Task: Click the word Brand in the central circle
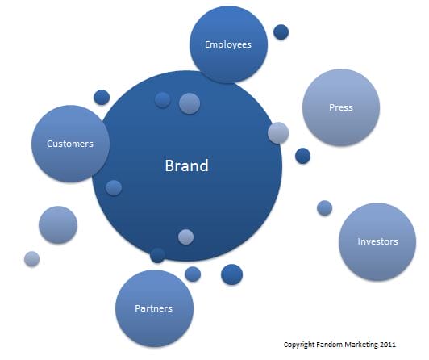tap(187, 165)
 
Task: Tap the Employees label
tap(228, 44)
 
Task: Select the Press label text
tap(341, 107)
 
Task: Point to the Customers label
tap(70, 144)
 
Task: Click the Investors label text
tap(377, 241)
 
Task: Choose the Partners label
tap(153, 308)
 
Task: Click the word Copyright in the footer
tap(299, 345)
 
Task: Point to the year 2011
tap(387, 345)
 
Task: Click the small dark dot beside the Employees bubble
tap(281, 32)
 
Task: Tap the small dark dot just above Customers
tap(102, 97)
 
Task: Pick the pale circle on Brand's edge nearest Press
tap(278, 132)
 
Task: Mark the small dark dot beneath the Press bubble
tap(303, 156)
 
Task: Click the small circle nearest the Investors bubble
tap(325, 208)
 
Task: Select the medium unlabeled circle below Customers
tap(58, 224)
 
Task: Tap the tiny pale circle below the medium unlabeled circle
tap(31, 259)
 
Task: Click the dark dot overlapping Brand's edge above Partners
tap(157, 255)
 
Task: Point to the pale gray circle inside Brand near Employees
tap(190, 103)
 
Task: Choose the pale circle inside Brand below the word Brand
tap(185, 237)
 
